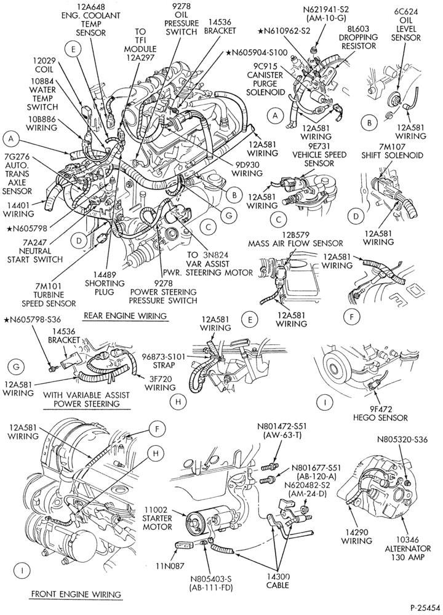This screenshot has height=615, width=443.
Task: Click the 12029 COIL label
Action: pos(43,66)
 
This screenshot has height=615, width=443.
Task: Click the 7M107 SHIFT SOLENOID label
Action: pos(392,151)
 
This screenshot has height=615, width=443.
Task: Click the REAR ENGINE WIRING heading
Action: pos(125,315)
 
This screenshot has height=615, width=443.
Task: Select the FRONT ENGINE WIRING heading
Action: pos(76,594)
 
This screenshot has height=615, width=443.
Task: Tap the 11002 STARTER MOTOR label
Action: pos(157,518)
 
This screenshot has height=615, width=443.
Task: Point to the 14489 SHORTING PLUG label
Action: pos(105,283)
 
